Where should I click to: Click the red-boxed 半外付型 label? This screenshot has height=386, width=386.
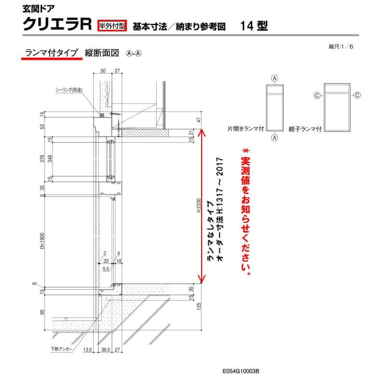click(x=112, y=26)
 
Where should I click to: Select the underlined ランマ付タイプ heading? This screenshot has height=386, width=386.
click(x=50, y=54)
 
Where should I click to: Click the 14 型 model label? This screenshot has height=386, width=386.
click(x=253, y=26)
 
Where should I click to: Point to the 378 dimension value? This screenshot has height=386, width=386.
click(x=42, y=159)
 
